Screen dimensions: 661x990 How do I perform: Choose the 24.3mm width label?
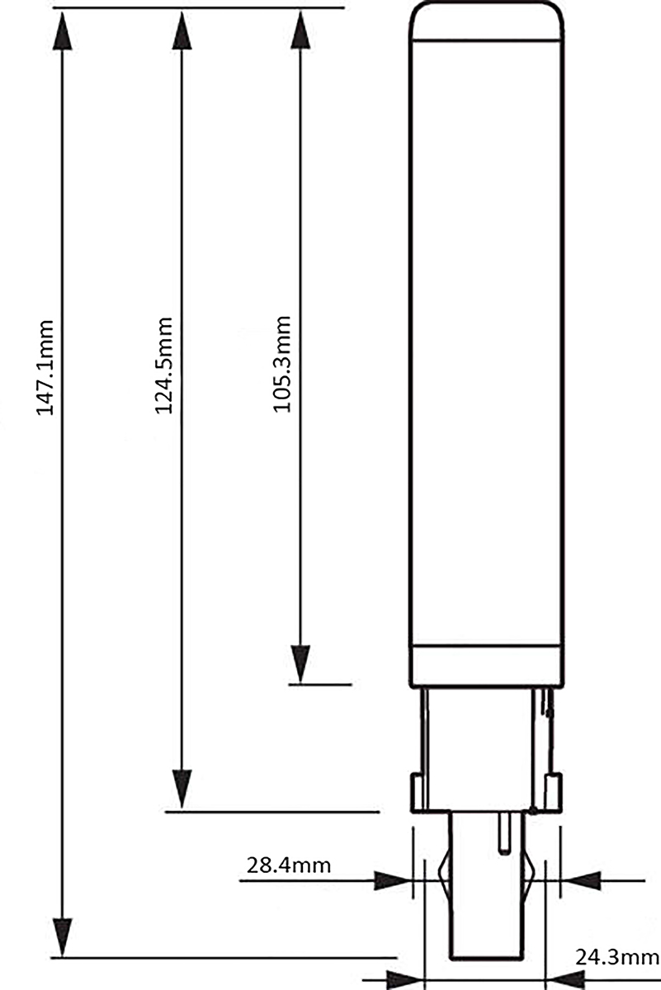pos(617,959)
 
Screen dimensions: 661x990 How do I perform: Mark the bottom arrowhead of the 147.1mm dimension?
pos(63,937)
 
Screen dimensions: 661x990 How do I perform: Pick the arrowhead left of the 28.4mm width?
pos(393,880)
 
